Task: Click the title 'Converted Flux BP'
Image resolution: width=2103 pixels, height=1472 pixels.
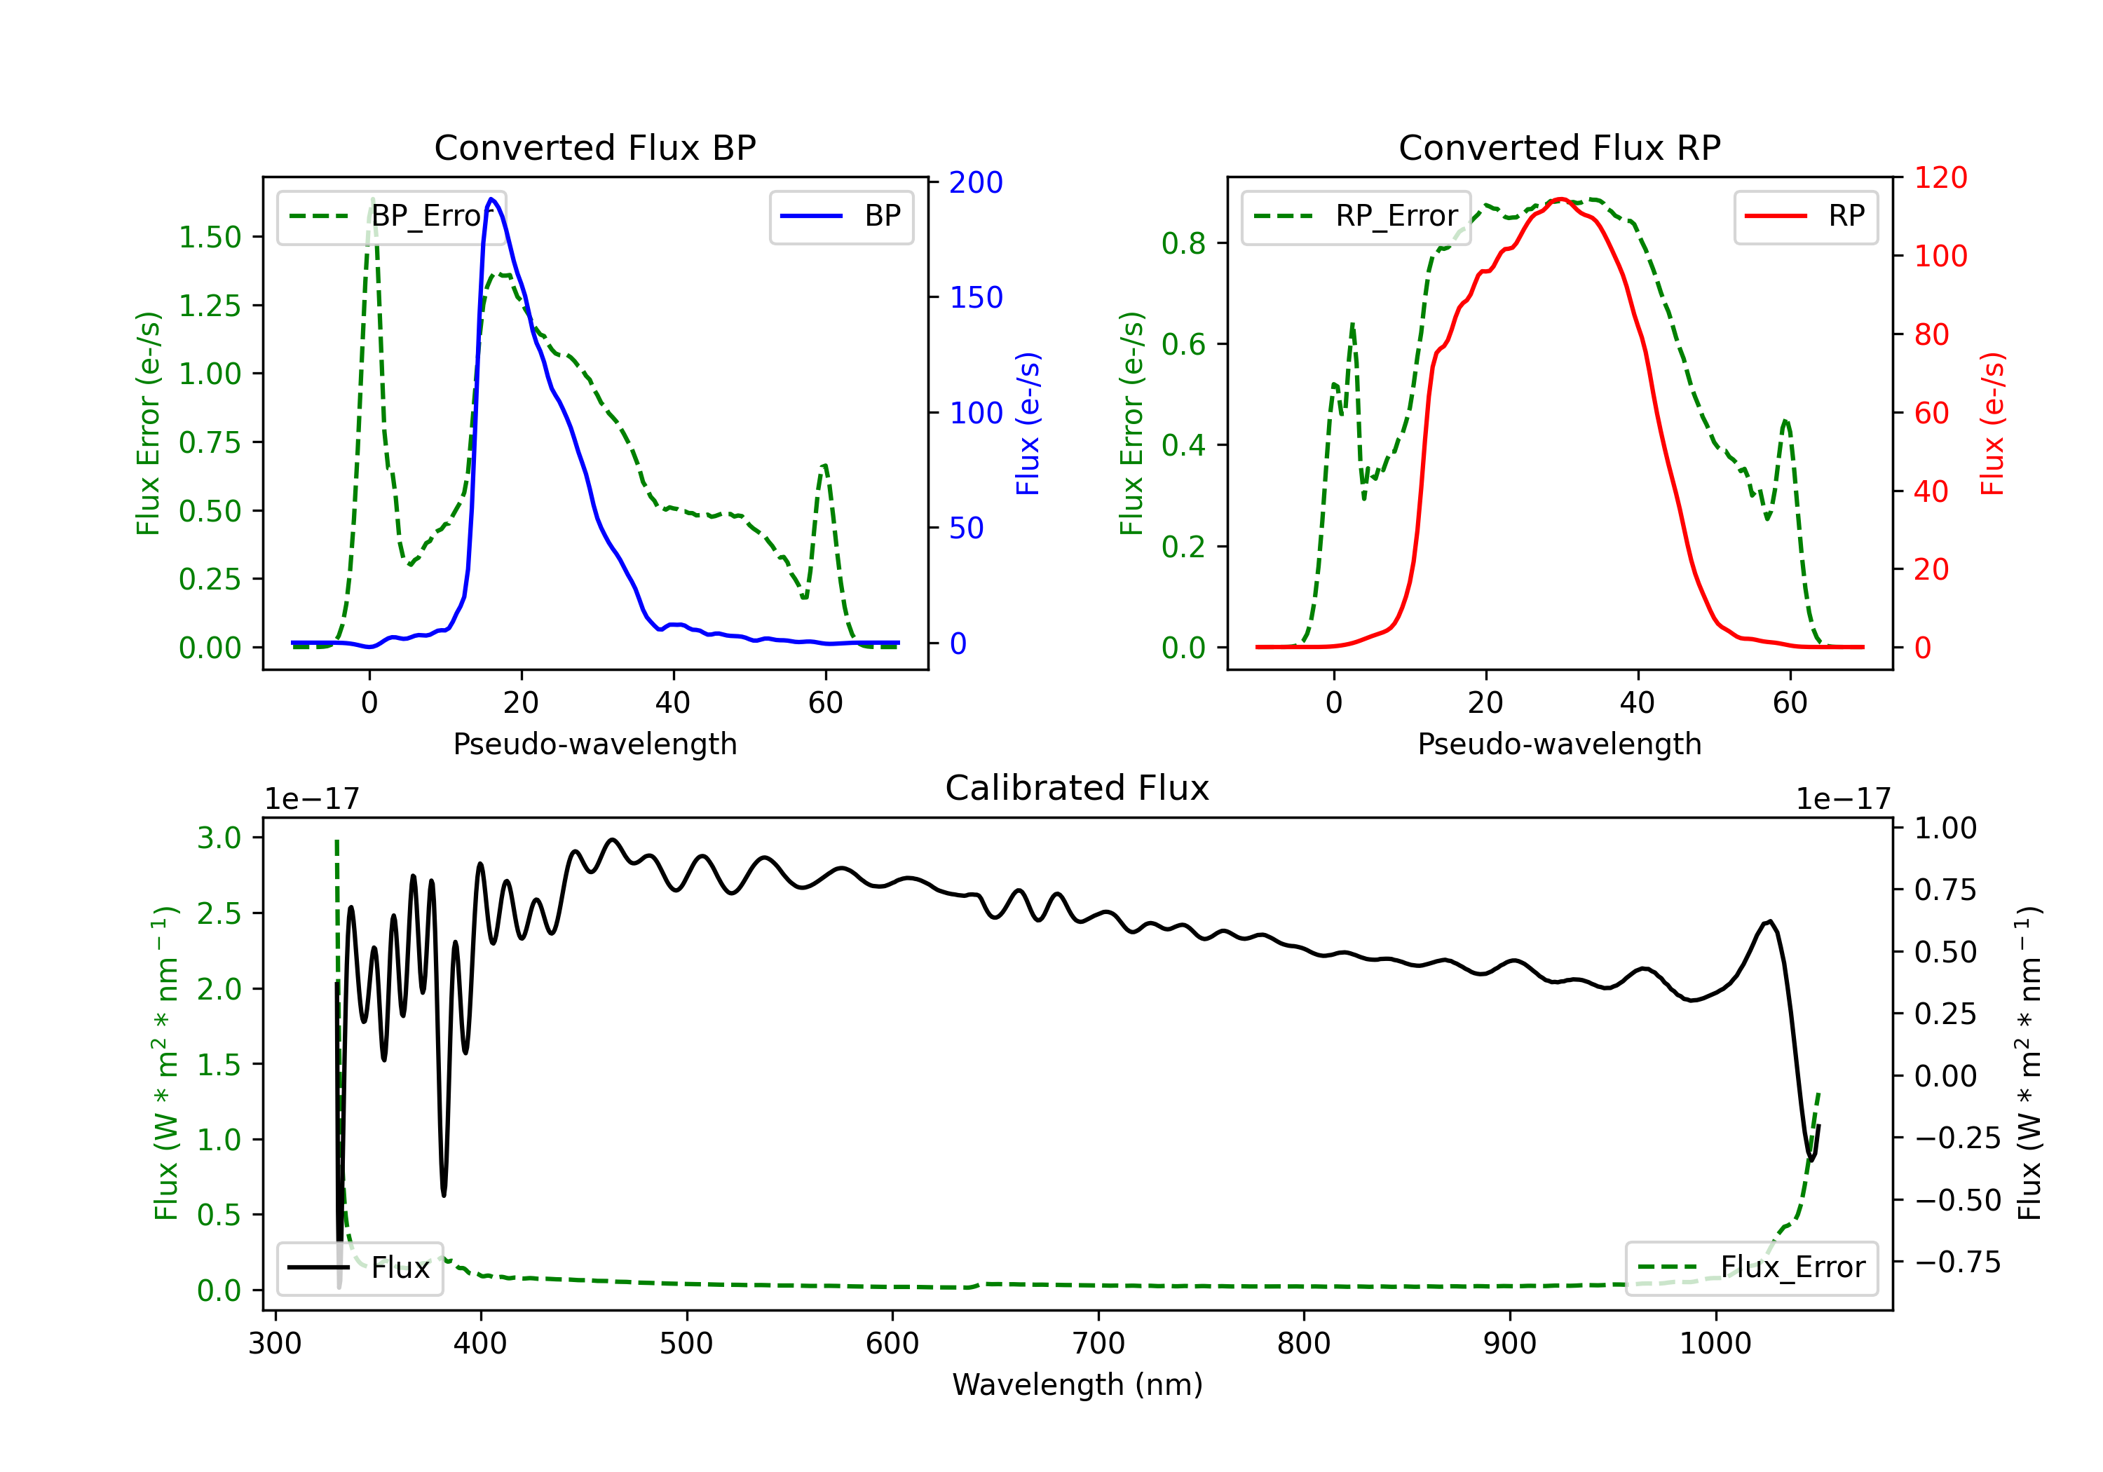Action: coord(594,147)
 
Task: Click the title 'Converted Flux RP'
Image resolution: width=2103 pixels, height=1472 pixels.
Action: coord(1559,147)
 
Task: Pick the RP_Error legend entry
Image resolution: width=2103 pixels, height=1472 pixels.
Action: coord(1356,216)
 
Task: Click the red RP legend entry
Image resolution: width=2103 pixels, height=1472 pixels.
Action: coord(1805,216)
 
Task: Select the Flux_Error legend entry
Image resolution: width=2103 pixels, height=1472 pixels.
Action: coord(1751,1268)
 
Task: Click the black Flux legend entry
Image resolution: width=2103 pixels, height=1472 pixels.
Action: coord(360,1268)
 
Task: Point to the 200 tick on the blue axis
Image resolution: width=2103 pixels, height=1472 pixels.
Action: coord(976,182)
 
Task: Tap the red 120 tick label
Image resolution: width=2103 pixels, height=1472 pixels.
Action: coord(1940,178)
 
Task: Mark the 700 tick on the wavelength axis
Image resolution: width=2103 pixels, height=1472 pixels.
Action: coord(1097,1344)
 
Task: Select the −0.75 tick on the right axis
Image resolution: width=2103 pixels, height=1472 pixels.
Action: coord(1957,1262)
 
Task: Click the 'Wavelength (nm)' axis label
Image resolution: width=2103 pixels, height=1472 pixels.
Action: coord(1077,1385)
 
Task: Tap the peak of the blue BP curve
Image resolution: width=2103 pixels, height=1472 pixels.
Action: coord(492,199)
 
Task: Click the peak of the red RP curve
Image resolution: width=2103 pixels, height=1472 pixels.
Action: coord(1560,199)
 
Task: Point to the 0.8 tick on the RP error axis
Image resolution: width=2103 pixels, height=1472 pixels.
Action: coord(1183,244)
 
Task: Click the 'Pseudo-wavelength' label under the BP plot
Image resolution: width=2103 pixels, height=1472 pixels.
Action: coord(594,744)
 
